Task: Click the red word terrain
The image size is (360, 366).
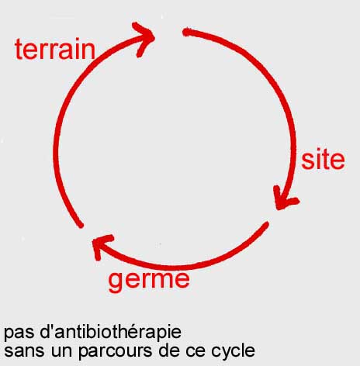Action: tap(55, 49)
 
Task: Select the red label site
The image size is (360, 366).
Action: tap(323, 160)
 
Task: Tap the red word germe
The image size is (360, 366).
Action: tap(149, 281)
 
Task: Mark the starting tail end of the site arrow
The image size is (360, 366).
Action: tap(185, 32)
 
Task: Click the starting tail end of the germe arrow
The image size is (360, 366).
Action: tap(267, 223)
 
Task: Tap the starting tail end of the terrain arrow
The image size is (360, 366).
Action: tap(81, 226)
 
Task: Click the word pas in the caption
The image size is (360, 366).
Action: tap(19, 333)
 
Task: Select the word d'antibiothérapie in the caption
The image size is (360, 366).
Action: tap(111, 331)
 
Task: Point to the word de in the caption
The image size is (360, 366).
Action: tap(169, 350)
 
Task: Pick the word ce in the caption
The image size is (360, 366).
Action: tap(196, 351)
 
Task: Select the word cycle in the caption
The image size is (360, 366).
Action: tap(233, 351)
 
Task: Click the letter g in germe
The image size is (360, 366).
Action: tap(115, 283)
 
